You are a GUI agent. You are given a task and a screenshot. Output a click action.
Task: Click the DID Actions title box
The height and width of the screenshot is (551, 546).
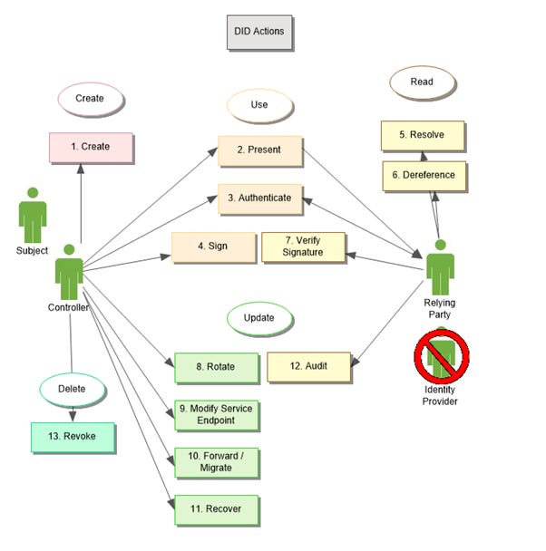click(x=260, y=32)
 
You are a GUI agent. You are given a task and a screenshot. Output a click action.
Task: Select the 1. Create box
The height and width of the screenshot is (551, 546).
click(x=91, y=147)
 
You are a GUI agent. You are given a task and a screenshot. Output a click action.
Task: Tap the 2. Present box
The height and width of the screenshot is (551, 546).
click(x=259, y=150)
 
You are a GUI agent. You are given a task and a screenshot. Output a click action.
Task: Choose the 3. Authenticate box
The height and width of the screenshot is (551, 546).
click(x=259, y=198)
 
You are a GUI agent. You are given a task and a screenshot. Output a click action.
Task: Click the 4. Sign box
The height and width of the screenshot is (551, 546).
click(x=214, y=247)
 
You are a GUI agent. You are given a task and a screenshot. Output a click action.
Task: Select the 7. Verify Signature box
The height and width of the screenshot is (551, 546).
click(x=304, y=246)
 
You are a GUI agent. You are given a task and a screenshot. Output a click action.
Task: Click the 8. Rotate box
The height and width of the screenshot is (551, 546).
click(x=216, y=367)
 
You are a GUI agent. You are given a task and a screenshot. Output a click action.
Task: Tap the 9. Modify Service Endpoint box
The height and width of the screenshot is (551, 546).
click(x=216, y=415)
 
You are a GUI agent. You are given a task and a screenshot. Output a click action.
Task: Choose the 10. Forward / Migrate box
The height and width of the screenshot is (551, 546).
click(x=216, y=462)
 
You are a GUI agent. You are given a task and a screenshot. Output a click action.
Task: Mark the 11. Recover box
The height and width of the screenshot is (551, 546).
click(x=216, y=509)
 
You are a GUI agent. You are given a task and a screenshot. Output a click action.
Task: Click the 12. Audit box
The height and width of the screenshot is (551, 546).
click(x=308, y=367)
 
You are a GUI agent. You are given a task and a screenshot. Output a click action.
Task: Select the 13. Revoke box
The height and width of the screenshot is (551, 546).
click(x=73, y=437)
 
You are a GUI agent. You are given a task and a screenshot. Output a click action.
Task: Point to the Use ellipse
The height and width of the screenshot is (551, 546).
click(x=260, y=104)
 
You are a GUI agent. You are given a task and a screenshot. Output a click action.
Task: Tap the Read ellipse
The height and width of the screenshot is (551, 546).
click(x=422, y=82)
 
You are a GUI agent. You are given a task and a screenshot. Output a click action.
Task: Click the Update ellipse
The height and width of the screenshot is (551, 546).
click(x=259, y=319)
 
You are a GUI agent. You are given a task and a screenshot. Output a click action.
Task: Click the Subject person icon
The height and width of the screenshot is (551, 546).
click(x=33, y=215)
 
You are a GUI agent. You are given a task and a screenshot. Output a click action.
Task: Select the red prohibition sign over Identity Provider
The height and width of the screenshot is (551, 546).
click(x=442, y=355)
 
